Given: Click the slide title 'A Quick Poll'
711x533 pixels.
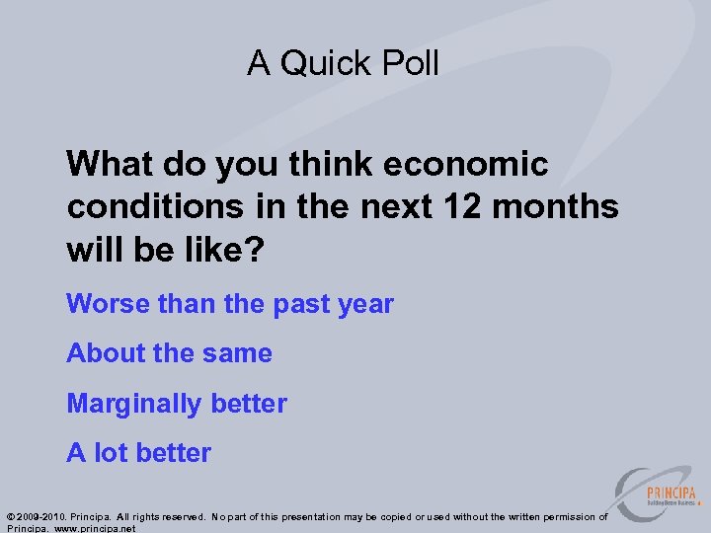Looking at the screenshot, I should pyautogui.click(x=343, y=63).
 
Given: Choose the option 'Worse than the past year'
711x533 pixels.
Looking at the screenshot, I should pyautogui.click(x=229, y=304).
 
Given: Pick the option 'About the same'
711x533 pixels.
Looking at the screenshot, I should pyautogui.click(x=169, y=353).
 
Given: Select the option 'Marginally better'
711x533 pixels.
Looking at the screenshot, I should pyautogui.click(x=176, y=404).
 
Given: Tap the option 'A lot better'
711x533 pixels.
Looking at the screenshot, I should pyautogui.click(x=138, y=453).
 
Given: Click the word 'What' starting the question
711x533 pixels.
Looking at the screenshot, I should pyautogui.click(x=107, y=164).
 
